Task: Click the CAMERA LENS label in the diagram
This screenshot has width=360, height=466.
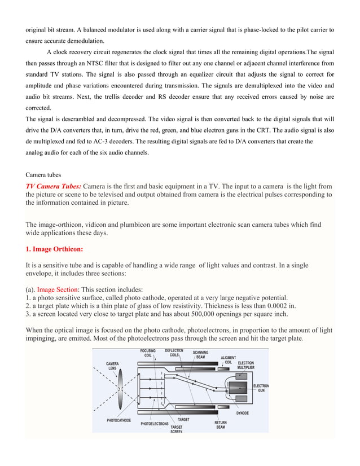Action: (x=117, y=366)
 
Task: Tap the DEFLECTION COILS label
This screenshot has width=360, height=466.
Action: (x=174, y=353)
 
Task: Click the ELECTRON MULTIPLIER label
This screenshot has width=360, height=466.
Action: (x=245, y=365)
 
